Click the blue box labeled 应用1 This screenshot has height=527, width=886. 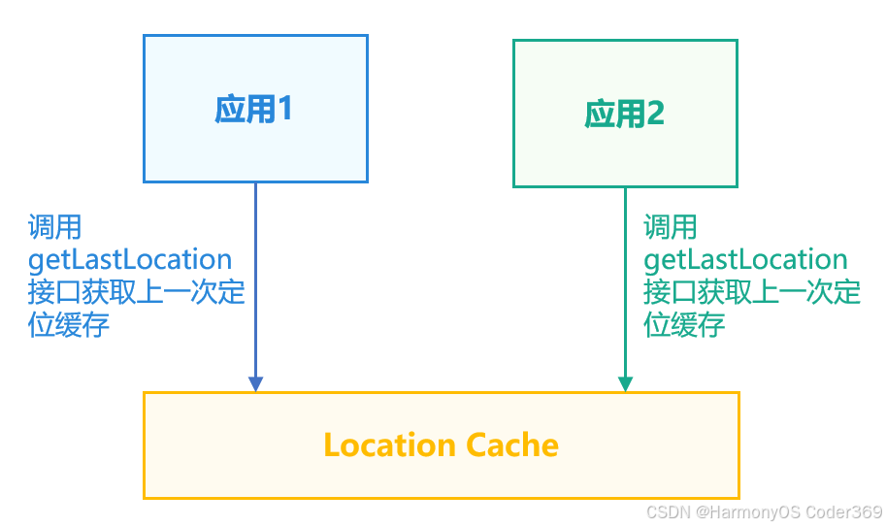point(255,109)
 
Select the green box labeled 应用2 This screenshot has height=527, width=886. point(625,114)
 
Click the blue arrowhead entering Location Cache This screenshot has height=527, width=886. point(255,383)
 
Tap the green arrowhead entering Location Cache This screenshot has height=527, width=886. point(625,383)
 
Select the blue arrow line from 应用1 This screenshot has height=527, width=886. point(255,281)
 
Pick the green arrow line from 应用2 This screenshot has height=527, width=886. point(625,281)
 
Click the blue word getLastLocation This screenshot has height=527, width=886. point(130,260)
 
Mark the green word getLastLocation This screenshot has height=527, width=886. point(745,260)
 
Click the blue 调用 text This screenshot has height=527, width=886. point(54,228)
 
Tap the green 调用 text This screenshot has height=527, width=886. point(670,228)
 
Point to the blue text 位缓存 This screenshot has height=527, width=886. point(68,324)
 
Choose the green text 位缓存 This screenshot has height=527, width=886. point(683,324)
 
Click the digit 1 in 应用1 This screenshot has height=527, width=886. point(285,110)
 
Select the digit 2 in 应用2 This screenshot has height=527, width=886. point(655,115)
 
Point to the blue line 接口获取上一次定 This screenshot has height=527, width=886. point(136,292)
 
